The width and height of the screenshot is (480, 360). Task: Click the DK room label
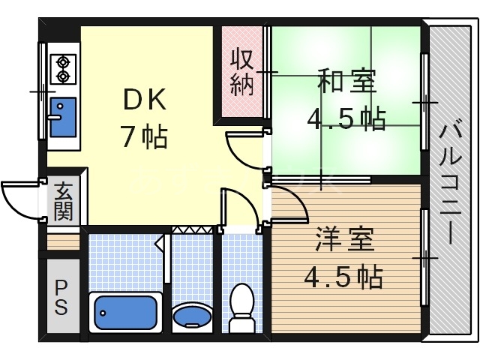(x=144, y=100)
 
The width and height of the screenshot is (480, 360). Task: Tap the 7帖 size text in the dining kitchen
(x=144, y=137)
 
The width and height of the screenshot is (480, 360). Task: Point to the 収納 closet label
(x=241, y=71)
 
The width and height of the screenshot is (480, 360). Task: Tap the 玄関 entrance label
(x=64, y=201)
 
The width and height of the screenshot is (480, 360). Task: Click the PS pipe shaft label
(x=61, y=296)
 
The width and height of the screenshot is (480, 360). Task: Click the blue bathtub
(x=125, y=312)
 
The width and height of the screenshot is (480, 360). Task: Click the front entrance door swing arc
(x=20, y=196)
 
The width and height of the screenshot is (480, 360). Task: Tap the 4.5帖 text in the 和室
(x=346, y=118)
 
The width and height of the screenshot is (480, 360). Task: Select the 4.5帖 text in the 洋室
(x=343, y=277)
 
